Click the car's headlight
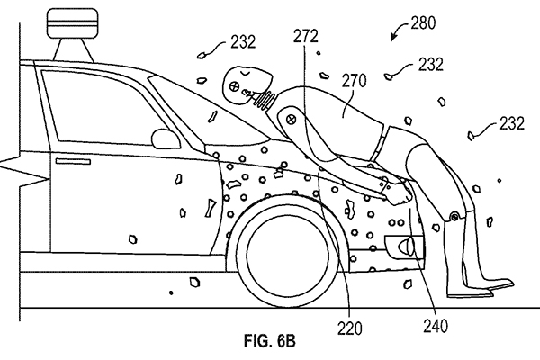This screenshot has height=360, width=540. click(x=401, y=245)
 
